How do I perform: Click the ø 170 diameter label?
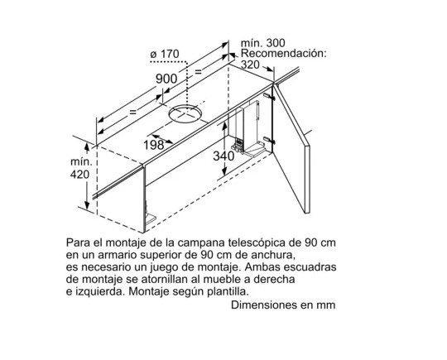point(165,54)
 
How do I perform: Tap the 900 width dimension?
point(166,79)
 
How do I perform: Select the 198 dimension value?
point(154,146)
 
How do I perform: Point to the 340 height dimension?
point(223,156)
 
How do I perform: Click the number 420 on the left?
point(79,175)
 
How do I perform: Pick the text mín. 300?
point(263,43)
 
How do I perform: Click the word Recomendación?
point(283,54)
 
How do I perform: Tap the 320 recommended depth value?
point(250,65)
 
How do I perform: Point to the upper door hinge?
point(269,97)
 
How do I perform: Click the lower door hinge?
point(269,140)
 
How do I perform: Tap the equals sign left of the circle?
point(132,112)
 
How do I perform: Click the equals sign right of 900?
point(198,71)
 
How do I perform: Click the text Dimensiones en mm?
point(283,305)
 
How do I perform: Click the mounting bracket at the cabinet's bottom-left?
point(150,214)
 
